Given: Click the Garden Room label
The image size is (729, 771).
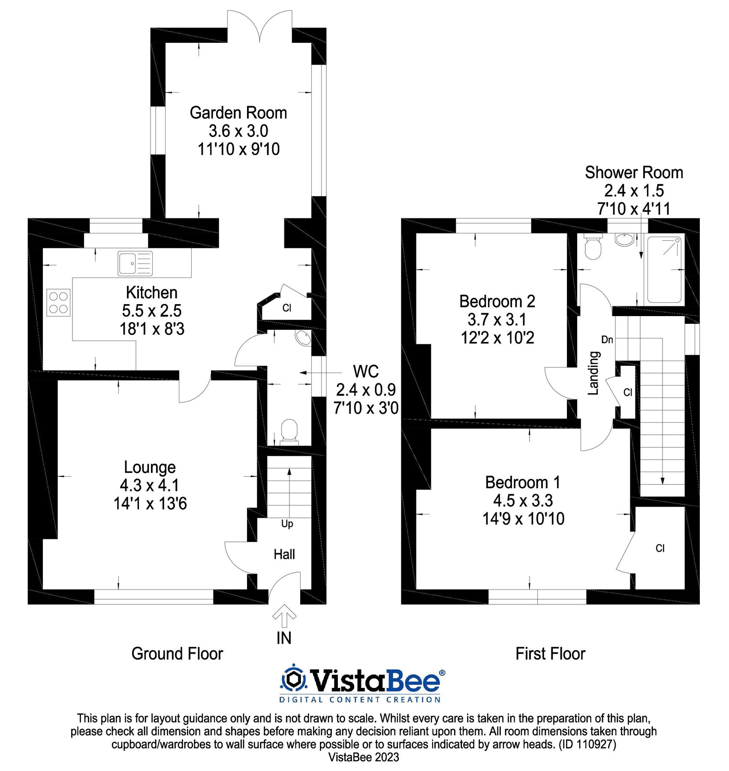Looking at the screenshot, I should [x=238, y=113].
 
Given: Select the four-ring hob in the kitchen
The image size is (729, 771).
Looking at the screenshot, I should [x=58, y=303].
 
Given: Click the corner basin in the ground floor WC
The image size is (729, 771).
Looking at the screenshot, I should [x=304, y=338].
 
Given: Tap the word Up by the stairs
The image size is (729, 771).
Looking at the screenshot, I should [x=287, y=524].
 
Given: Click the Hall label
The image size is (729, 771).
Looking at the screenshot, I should [x=284, y=555].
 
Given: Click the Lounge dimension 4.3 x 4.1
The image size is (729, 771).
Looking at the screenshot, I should [x=150, y=485].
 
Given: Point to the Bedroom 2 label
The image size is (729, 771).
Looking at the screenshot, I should [x=497, y=302].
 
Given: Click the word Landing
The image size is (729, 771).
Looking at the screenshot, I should [x=593, y=373].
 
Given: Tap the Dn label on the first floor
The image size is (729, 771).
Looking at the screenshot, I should [x=607, y=340].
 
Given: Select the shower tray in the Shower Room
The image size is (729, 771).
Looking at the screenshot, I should [x=664, y=270].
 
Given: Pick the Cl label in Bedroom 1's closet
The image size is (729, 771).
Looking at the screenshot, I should [x=660, y=548].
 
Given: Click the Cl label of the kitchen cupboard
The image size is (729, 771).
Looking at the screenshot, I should [x=286, y=308].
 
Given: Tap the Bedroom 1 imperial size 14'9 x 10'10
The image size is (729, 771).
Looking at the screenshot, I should [x=523, y=519].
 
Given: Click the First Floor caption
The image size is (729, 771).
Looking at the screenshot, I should [x=550, y=654].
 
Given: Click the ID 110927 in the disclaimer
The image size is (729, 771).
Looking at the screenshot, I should [x=587, y=744].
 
